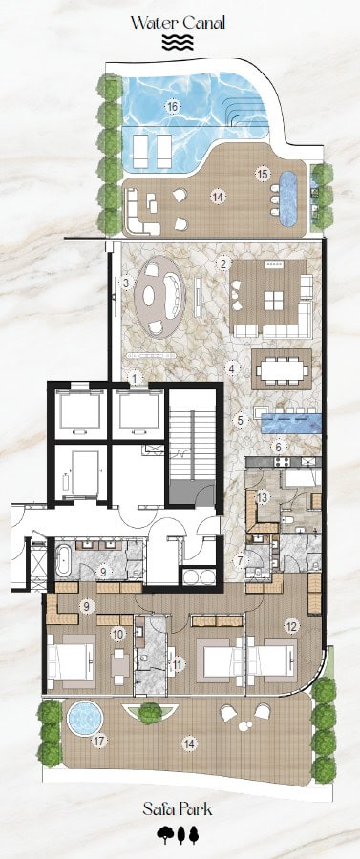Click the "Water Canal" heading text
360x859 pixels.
(178, 23)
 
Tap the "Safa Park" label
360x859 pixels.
(178, 808)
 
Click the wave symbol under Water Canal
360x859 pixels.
(178, 43)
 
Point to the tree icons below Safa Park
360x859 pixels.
(178, 835)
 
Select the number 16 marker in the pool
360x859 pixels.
(173, 107)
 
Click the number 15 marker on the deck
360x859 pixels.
(263, 175)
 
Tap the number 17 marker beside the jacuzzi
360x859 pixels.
(99, 742)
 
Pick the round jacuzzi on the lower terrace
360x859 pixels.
(85, 718)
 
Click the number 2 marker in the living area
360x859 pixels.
(222, 263)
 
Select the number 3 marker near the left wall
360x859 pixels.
(126, 283)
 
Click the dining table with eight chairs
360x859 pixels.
(282, 369)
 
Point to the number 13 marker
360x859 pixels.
(263, 497)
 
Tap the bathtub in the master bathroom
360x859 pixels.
(63, 558)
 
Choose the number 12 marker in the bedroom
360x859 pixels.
(291, 626)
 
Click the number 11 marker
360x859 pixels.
(178, 664)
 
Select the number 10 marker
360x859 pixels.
(117, 634)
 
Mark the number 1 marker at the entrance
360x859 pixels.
(136, 377)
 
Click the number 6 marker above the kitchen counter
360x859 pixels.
(279, 447)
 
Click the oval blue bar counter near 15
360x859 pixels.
(288, 199)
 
